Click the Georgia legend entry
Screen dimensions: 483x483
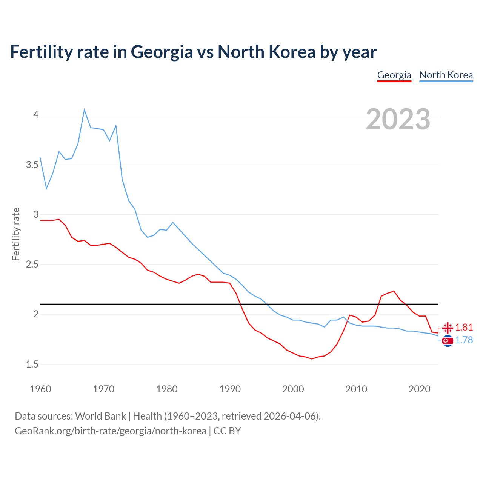click(x=394, y=75)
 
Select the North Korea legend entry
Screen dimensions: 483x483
click(x=446, y=75)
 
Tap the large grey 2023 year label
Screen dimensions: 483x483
click(x=398, y=119)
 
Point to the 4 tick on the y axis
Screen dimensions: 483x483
click(x=36, y=115)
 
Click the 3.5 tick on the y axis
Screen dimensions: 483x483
click(x=32, y=165)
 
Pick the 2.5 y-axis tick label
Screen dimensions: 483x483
click(x=32, y=265)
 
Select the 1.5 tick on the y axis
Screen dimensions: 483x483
click(x=32, y=365)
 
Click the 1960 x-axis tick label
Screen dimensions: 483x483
click(x=40, y=389)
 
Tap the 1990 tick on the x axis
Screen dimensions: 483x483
click(x=230, y=389)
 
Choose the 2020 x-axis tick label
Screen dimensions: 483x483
click(x=419, y=389)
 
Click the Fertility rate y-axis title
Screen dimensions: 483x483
click(x=16, y=234)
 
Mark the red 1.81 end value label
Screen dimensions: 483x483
click(x=464, y=327)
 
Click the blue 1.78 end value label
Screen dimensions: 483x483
click(x=464, y=340)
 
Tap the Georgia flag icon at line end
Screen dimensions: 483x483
click(x=448, y=328)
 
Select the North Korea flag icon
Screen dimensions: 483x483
click(x=448, y=341)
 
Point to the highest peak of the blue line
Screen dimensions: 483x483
click(x=84, y=110)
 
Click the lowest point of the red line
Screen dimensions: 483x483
click(x=312, y=359)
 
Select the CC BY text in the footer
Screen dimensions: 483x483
click(x=227, y=431)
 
